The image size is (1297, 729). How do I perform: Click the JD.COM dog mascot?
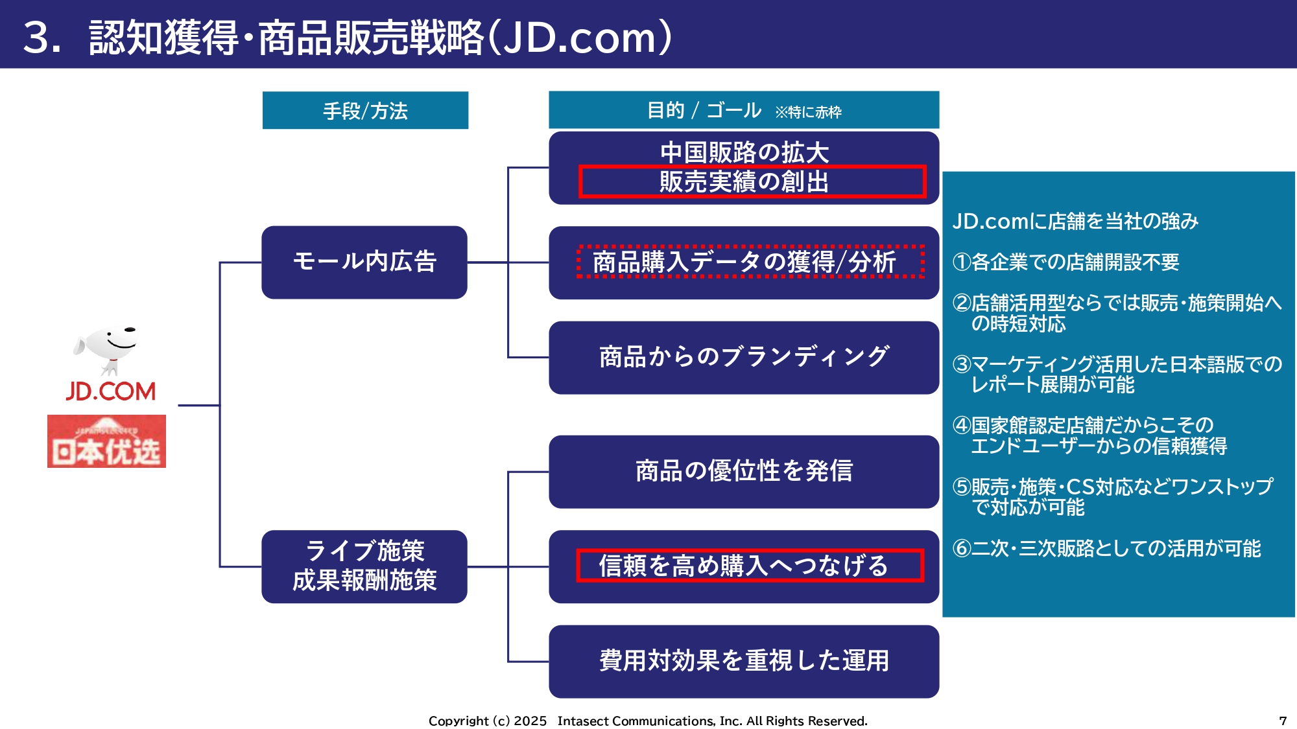[x=108, y=349]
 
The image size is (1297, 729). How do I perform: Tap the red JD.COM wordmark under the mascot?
[x=110, y=391]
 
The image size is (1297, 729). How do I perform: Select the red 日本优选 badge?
[x=106, y=441]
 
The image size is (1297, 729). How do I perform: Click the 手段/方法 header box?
[x=365, y=111]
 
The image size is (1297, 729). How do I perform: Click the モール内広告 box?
[x=364, y=262]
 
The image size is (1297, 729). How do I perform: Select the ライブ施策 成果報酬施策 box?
[x=364, y=566]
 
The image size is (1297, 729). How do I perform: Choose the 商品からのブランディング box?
[x=744, y=357]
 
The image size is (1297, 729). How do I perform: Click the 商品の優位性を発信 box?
[x=744, y=471]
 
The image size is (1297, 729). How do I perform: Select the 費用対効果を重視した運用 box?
[x=744, y=661]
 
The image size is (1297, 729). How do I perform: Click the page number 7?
[x=1282, y=721]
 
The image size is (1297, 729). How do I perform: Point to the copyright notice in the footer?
[x=648, y=721]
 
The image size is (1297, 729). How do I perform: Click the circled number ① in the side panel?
[x=961, y=262]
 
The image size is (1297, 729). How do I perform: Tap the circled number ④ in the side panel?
[x=961, y=426]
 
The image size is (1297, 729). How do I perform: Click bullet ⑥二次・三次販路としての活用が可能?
[x=1106, y=549]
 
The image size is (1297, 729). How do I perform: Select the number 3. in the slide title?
[x=42, y=37]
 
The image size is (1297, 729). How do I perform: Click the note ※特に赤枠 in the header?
[x=808, y=112]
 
